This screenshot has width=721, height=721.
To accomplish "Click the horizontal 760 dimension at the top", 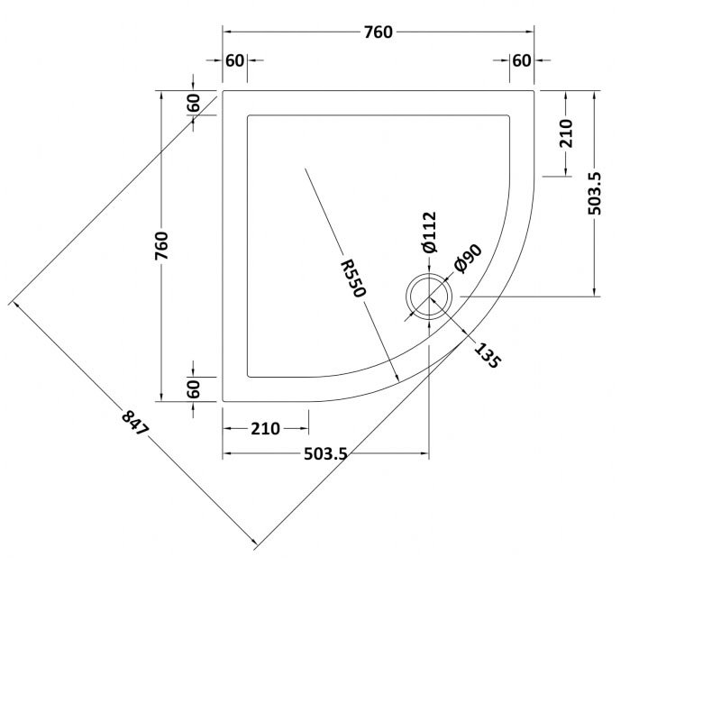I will coord(379,32).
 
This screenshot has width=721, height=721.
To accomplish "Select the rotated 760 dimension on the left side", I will coord(161,246).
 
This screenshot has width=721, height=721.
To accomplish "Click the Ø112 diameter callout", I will coord(428,232).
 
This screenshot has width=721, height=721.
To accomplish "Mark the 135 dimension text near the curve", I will coord(485,352).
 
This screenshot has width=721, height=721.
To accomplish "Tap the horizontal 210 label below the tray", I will coord(265,429).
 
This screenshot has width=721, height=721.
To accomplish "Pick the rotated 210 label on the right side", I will coord(566,133).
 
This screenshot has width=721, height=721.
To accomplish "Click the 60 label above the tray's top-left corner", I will coord(234,60).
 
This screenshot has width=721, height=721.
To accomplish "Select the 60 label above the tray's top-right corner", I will coord(521,60).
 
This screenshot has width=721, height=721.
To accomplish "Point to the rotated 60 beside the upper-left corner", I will coord(193,103).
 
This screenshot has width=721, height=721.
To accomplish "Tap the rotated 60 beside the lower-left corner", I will coord(193,389).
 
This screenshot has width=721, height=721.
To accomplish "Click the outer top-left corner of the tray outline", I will coord(223,90).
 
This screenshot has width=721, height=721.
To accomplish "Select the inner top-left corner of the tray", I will coord(247,114).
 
